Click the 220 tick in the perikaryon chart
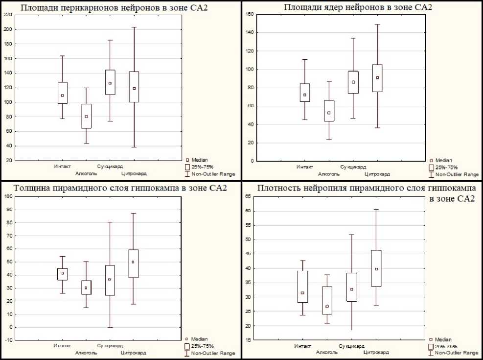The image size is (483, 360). point(8,15)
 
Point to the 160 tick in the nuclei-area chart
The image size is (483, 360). point(250,14)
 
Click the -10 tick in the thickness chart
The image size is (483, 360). point(8,340)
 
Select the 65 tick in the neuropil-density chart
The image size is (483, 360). point(249,196)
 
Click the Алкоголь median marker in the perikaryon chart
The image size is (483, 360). point(87,117)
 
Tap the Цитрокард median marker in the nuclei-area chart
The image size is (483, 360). point(377,77)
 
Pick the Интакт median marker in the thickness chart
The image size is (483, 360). point(63,273)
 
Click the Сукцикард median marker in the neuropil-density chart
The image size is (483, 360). point(352,289)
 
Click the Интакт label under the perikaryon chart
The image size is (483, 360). point(62,167)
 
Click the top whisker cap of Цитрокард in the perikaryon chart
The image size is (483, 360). point(134,27)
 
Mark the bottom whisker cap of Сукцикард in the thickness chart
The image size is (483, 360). point(110,327)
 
